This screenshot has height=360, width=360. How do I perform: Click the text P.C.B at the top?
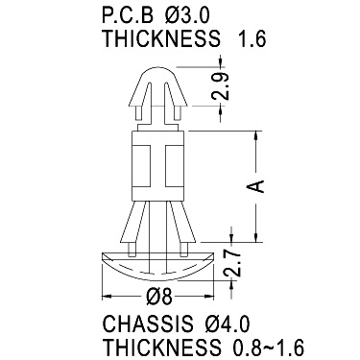click(x=128, y=15)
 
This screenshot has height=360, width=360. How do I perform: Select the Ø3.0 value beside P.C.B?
click(x=187, y=15)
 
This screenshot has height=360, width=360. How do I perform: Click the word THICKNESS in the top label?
click(x=161, y=39)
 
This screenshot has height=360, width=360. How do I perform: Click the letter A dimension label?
click(x=255, y=186)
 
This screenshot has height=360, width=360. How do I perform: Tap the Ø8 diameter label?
click(x=159, y=297)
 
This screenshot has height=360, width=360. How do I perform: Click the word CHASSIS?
click(x=148, y=324)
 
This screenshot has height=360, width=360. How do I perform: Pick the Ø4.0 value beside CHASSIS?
click(x=227, y=324)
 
